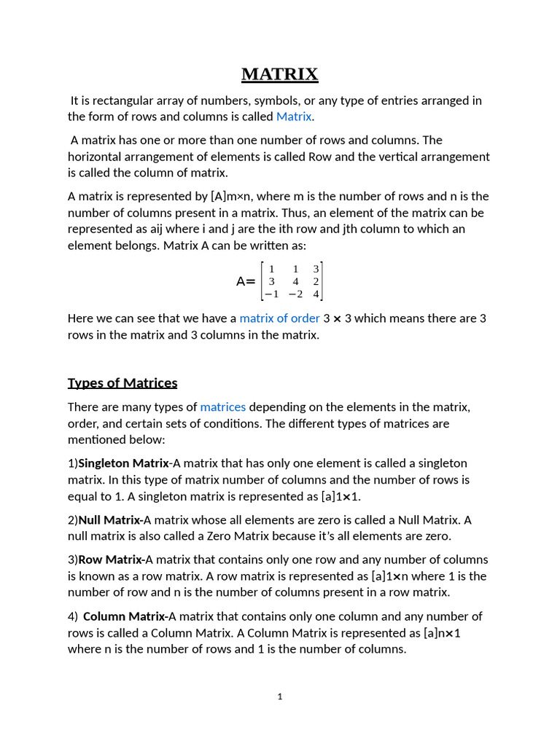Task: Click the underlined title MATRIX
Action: click(x=280, y=74)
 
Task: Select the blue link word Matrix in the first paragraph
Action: click(x=294, y=117)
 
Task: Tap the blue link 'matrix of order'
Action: click(x=279, y=318)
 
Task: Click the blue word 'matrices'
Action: click(x=222, y=407)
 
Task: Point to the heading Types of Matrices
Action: click(x=122, y=383)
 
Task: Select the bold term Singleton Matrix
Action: click(x=123, y=463)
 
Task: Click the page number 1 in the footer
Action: click(x=280, y=696)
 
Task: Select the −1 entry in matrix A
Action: click(x=271, y=294)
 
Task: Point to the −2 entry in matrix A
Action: click(x=295, y=294)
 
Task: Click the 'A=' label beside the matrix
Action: click(x=246, y=281)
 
